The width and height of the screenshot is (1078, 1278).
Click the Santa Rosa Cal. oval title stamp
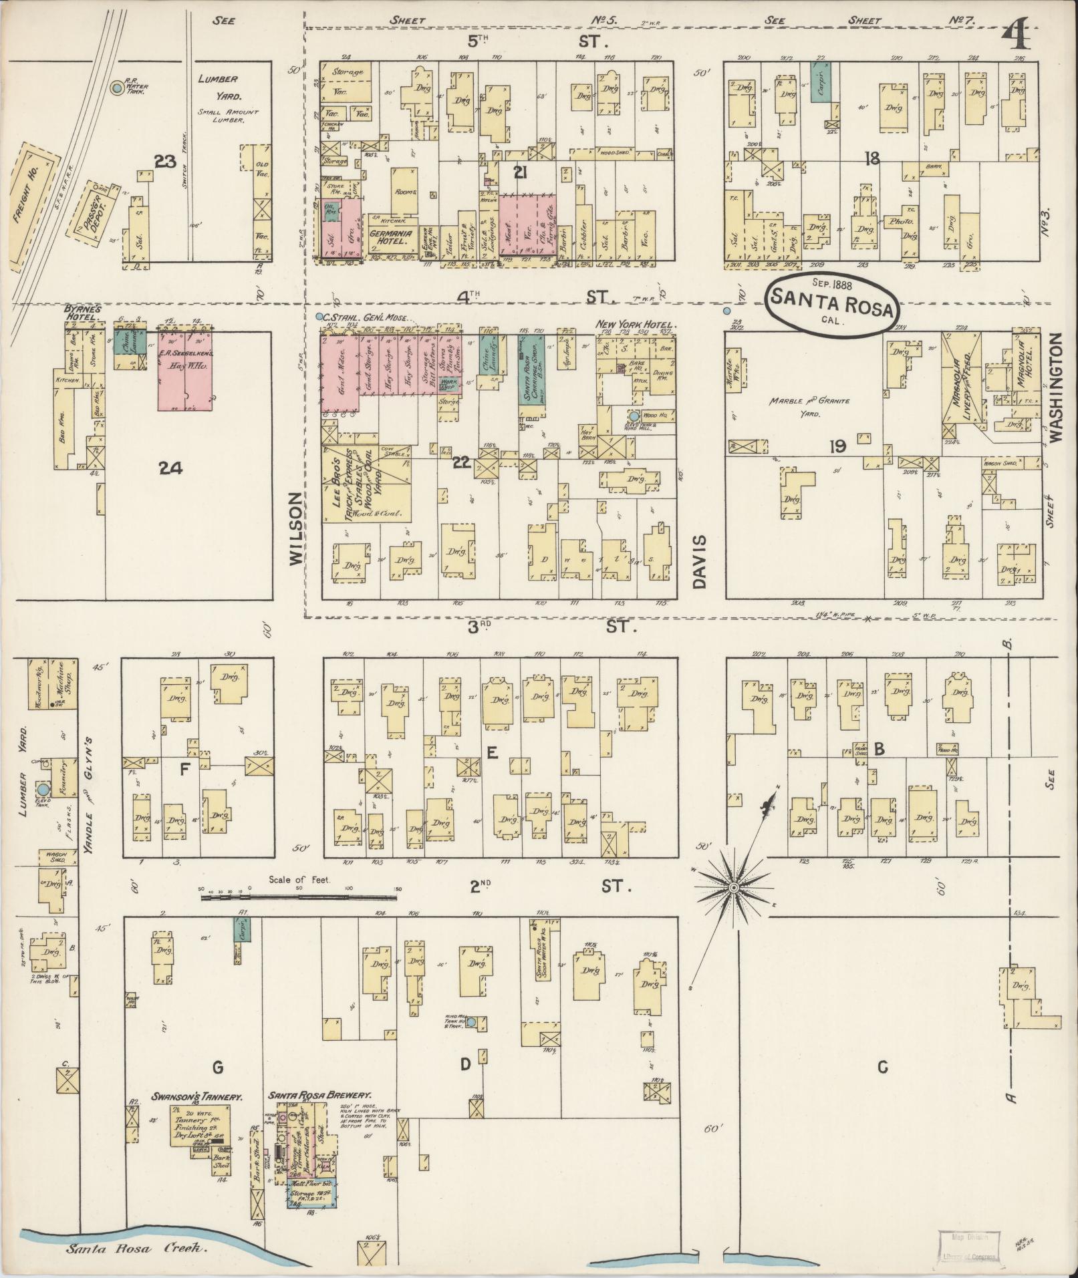[x=831, y=305]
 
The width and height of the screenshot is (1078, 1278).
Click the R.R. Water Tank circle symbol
[x=118, y=88]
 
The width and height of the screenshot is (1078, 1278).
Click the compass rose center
[x=733, y=887]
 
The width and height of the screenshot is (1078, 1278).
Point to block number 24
[x=171, y=469]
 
